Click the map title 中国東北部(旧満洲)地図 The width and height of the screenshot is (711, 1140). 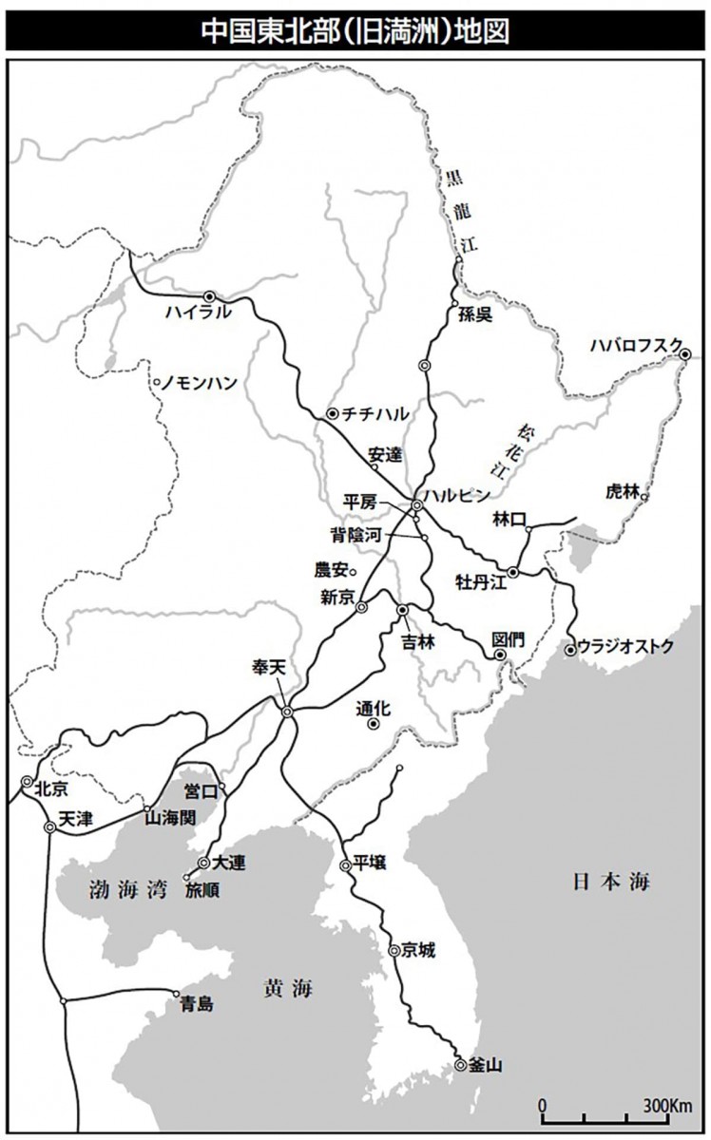(x=355, y=29)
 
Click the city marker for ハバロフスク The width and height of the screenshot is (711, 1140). (x=685, y=353)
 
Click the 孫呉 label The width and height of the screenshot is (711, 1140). (x=475, y=315)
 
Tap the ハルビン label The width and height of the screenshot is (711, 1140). (x=456, y=494)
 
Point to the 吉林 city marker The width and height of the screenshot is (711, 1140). (x=402, y=610)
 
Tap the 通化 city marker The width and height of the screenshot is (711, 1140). (x=374, y=724)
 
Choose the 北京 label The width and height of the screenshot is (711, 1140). (x=50, y=788)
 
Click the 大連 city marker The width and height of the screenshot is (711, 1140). (x=203, y=863)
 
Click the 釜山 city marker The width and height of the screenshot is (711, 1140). (x=461, y=1065)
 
